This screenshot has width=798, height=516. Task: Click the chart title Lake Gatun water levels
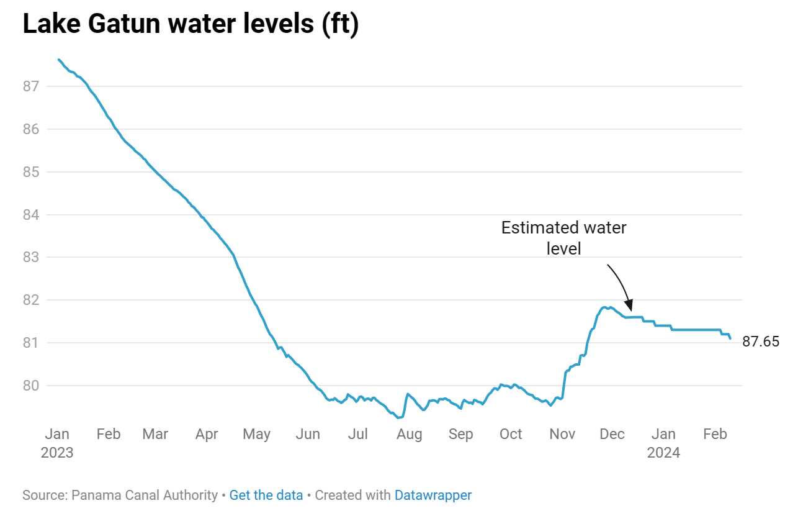click(x=191, y=25)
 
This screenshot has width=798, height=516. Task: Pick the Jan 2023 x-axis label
click(x=57, y=443)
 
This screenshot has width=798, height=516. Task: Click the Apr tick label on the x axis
click(x=207, y=434)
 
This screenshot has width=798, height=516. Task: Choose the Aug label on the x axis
click(x=410, y=434)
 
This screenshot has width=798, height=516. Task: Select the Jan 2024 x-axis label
click(x=663, y=443)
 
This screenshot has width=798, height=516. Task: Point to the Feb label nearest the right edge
click(x=714, y=434)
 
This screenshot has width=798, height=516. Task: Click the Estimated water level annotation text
click(x=563, y=238)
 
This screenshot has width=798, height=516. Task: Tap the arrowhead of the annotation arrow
click(x=629, y=307)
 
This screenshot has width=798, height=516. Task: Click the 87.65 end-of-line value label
click(x=761, y=342)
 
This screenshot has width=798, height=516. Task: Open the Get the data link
click(x=266, y=496)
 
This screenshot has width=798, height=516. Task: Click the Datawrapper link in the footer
click(x=433, y=496)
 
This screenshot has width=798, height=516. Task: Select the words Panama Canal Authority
click(x=145, y=496)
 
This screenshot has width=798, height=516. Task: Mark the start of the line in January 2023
click(x=58, y=60)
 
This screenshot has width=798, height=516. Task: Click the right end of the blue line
click(x=730, y=338)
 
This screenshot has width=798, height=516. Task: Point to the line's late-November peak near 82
click(x=604, y=307)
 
